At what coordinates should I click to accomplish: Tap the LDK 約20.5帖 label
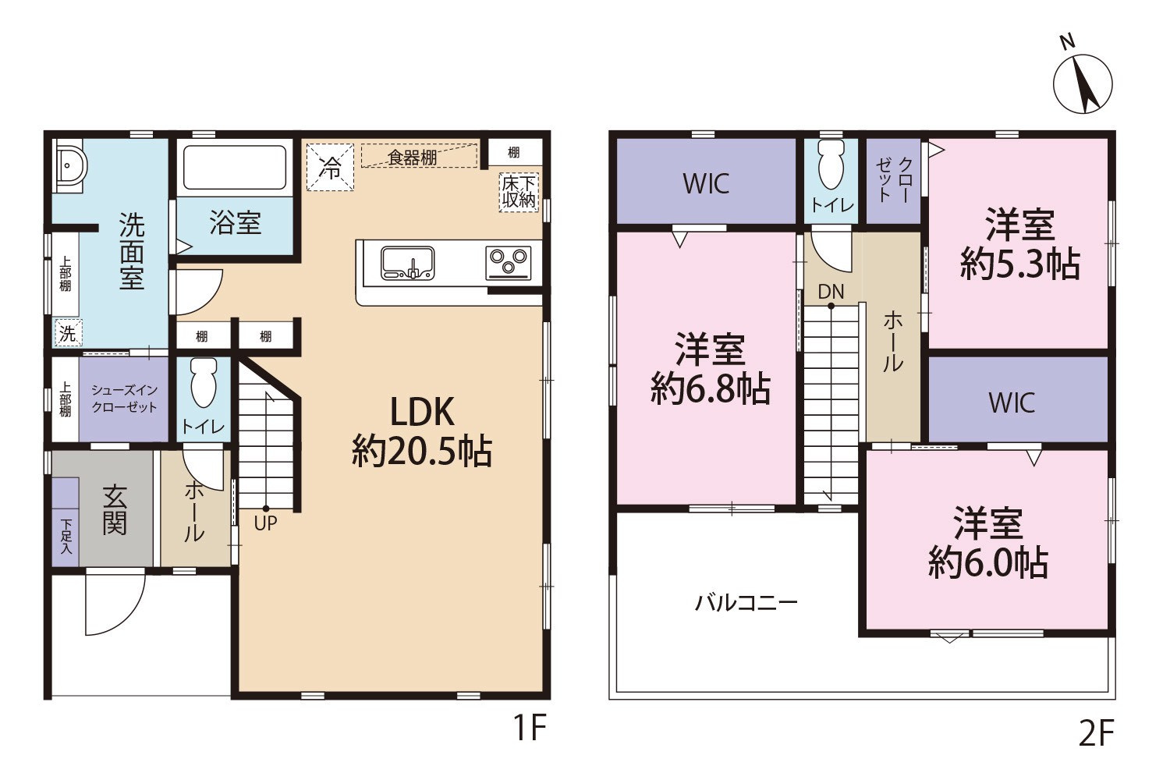click(422, 431)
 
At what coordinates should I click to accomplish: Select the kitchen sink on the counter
click(407, 264)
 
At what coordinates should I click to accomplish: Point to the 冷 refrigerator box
click(330, 167)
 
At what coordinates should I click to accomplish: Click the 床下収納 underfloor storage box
click(519, 192)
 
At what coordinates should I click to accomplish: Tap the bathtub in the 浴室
click(235, 167)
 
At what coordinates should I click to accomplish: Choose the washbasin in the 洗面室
click(70, 165)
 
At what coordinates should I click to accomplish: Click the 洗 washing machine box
click(69, 332)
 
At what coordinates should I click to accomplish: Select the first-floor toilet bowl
click(204, 382)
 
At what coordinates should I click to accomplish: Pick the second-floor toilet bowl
click(831, 164)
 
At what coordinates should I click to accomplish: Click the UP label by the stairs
click(265, 523)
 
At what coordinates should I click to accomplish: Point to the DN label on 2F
click(831, 292)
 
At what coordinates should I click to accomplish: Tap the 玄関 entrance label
click(115, 510)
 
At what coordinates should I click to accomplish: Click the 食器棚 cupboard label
click(413, 158)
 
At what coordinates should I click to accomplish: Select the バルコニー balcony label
click(746, 604)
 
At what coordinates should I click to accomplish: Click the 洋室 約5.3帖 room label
click(1020, 243)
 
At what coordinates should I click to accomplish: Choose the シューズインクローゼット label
click(124, 399)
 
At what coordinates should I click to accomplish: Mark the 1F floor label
click(530, 728)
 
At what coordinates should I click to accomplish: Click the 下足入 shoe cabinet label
click(66, 537)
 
